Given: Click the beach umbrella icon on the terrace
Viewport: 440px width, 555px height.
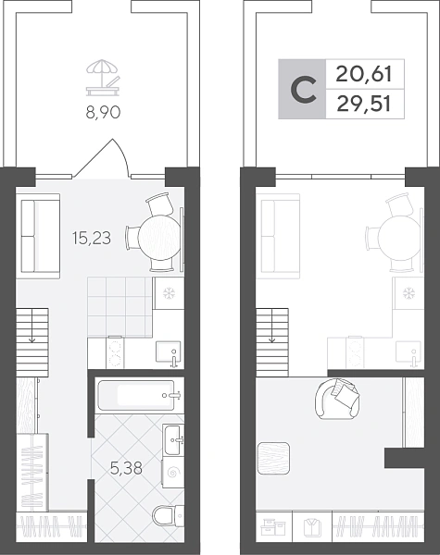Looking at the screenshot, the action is click(x=103, y=78).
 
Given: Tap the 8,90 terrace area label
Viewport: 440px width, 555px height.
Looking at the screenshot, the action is click(x=103, y=113).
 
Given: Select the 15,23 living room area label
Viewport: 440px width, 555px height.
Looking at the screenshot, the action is click(x=92, y=239).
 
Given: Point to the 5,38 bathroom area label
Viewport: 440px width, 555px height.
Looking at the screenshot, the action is click(x=126, y=468).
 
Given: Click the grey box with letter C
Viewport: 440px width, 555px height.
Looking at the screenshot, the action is click(x=302, y=89).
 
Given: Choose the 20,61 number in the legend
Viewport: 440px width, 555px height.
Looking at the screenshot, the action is click(x=364, y=75).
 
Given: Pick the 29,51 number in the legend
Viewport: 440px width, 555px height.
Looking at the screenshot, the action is click(x=364, y=104).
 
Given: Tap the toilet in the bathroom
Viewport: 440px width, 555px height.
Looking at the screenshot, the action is click(x=168, y=515).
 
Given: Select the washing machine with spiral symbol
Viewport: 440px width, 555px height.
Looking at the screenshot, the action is click(x=173, y=472).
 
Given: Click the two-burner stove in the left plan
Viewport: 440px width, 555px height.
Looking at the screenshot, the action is click(x=115, y=352).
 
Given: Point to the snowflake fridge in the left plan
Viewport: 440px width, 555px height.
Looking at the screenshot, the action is click(x=168, y=293).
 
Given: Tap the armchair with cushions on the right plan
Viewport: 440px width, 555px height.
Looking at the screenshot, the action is click(x=336, y=398).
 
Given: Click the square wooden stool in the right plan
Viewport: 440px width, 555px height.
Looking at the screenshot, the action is click(x=273, y=458).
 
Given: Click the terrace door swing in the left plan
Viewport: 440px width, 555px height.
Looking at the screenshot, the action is click(x=103, y=158).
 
